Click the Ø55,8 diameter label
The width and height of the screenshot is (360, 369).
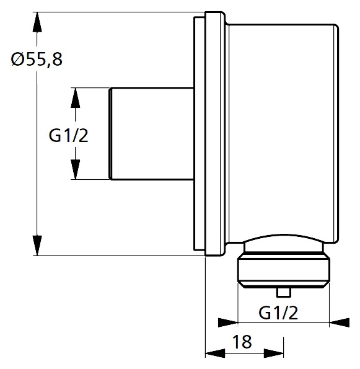pyautogui.click(x=37, y=59)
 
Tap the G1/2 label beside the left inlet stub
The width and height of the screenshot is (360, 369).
pyautogui.click(x=68, y=136)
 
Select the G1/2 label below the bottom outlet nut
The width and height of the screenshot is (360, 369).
pyautogui.click(x=278, y=313)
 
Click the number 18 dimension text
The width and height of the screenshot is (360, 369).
pyautogui.click(x=242, y=342)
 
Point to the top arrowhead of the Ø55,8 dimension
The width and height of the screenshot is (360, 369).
pyautogui.click(x=37, y=22)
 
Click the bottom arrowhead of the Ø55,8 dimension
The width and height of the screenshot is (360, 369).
pyautogui.click(x=37, y=245)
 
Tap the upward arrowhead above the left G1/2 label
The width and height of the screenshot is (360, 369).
pyautogui.click(x=75, y=98)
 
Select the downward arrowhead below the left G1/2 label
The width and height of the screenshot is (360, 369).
pyautogui.click(x=75, y=169)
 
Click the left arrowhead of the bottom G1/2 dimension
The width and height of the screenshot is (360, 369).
pyautogui.click(x=228, y=322)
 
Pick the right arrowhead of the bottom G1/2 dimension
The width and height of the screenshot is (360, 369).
pyautogui.click(x=340, y=322)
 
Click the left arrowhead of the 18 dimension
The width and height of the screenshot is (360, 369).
pyautogui.click(x=215, y=353)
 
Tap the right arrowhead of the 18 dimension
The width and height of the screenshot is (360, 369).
pyautogui.click(x=273, y=353)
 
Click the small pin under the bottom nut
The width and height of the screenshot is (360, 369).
pyautogui.click(x=284, y=292)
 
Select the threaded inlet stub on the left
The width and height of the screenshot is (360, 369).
pyautogui.click(x=152, y=134)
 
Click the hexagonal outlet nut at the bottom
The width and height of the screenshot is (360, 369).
pyautogui.click(x=284, y=270)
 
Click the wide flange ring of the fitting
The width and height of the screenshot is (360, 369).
pyautogui.click(x=214, y=134)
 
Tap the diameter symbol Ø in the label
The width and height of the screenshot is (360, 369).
pyautogui.click(x=17, y=60)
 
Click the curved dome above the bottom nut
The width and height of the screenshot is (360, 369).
pyautogui.click(x=284, y=238)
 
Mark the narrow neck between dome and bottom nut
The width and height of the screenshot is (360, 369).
pyautogui.click(x=284, y=248)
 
